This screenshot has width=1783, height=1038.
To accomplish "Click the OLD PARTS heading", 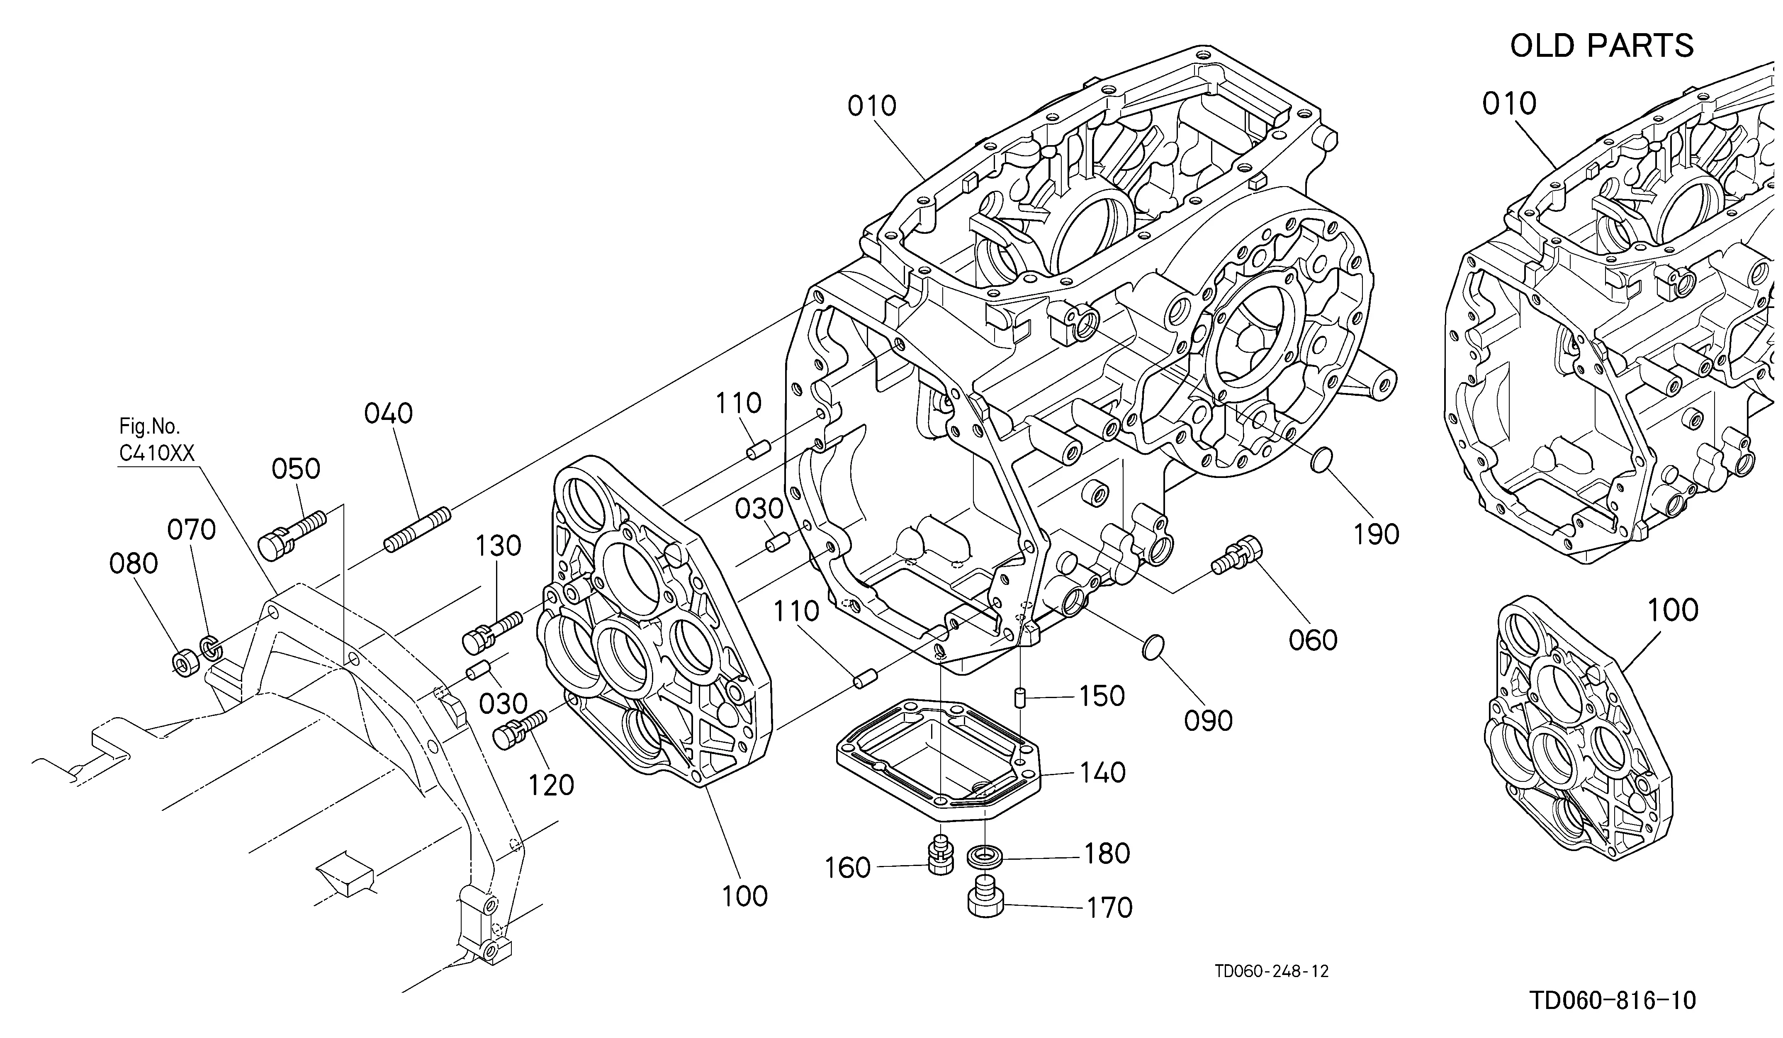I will coord(1601,46).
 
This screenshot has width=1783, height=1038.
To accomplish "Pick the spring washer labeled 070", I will coord(210,646).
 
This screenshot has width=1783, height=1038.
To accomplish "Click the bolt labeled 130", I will coord(492,631).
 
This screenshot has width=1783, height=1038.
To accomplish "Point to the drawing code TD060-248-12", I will coord(1272,971).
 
